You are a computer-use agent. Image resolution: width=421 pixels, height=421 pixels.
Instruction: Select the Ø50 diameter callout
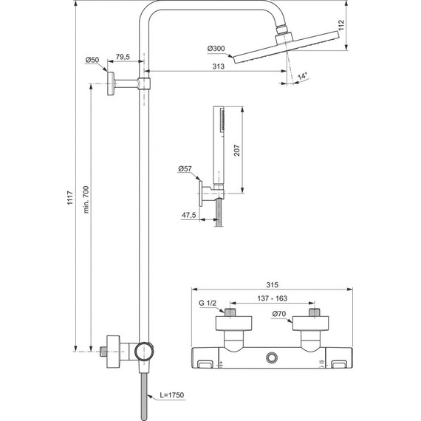[x=92, y=59]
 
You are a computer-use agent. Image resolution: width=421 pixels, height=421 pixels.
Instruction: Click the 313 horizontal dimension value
[x=217, y=66]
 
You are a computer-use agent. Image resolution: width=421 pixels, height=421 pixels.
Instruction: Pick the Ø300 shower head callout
[x=217, y=49]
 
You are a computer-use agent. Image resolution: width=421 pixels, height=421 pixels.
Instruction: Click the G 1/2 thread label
[x=209, y=302]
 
